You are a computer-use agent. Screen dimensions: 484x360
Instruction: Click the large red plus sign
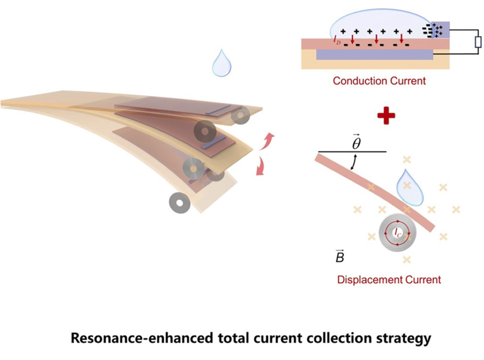click(x=386, y=115)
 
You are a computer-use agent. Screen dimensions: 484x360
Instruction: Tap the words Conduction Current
click(x=379, y=81)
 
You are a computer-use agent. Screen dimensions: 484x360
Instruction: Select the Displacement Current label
click(x=389, y=280)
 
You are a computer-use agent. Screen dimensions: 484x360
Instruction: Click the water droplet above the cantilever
click(x=221, y=63)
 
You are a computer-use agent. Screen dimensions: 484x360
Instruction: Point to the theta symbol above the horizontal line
click(x=356, y=142)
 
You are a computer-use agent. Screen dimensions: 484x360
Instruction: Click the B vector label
click(x=340, y=256)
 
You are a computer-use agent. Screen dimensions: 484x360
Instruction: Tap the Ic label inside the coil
click(x=398, y=233)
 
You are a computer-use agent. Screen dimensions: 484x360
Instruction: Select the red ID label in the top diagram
click(x=337, y=40)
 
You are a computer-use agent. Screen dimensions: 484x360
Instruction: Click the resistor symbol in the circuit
click(x=478, y=42)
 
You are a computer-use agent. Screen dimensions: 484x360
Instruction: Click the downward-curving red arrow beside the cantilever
click(x=260, y=166)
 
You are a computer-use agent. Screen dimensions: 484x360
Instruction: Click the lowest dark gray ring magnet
click(x=180, y=203)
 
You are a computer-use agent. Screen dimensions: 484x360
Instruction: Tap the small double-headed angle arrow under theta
click(x=354, y=162)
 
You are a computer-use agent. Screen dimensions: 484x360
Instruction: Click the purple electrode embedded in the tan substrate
click(x=375, y=54)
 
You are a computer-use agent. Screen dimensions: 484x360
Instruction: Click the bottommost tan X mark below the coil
click(x=407, y=260)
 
